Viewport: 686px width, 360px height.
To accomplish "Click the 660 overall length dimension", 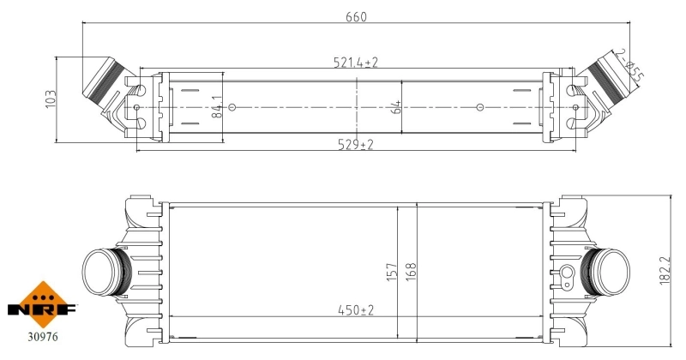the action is coord(356,17).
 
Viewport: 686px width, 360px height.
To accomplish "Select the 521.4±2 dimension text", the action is coord(356,63).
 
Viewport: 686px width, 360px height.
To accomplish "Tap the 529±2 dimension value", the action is coord(356,144).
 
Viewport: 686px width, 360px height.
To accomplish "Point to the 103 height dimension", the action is coord(51,99).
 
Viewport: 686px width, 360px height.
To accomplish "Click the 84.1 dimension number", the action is coord(217,107).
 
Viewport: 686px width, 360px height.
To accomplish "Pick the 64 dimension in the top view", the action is coord(395,107).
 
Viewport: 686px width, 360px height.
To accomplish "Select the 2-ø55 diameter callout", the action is coord(629,66).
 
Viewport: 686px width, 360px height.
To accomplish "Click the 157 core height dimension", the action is coord(392,272).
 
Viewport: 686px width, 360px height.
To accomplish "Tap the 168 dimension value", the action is coord(412,272).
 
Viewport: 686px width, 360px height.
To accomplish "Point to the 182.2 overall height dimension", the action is coord(665,271).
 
